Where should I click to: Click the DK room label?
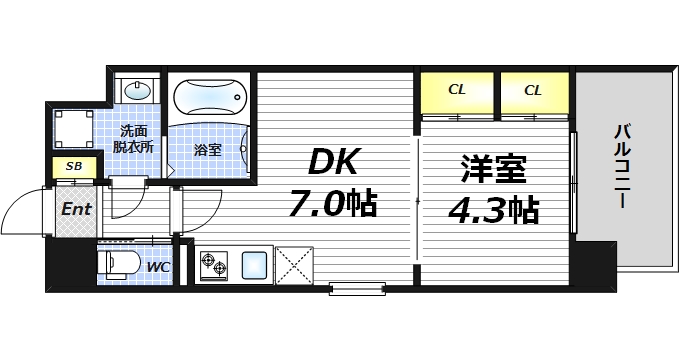pos(333,160)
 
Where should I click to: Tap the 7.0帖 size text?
pos(333,205)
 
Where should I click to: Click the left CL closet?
pos(457,91)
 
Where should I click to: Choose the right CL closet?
pos(533,91)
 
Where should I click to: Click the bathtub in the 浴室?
pos(209,101)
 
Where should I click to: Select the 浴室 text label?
pos(208,150)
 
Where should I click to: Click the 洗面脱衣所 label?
pos(133,137)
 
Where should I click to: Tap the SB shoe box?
pos(74,167)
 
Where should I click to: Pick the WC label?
pos(157,267)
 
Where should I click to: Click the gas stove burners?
pos(214,265)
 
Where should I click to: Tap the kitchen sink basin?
pos(254,265)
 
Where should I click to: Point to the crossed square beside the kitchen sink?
pos(295,265)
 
